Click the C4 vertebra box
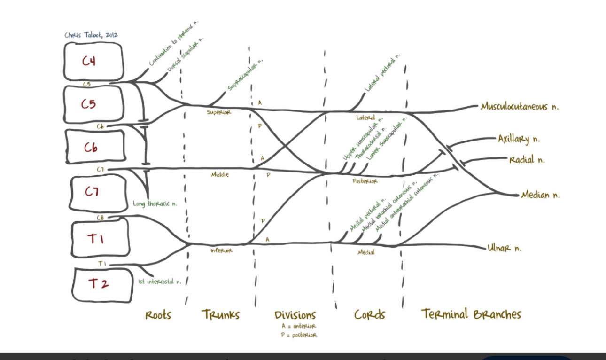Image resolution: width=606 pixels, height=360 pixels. [x=93, y=62]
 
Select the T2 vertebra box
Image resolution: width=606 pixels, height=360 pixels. [x=102, y=284]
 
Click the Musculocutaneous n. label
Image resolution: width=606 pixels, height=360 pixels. [x=520, y=107]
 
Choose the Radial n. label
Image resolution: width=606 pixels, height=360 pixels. [x=527, y=160]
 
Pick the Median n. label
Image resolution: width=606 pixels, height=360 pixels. [x=540, y=195]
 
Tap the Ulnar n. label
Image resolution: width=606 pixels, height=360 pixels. [x=504, y=248]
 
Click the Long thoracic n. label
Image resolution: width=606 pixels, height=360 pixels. [x=155, y=204]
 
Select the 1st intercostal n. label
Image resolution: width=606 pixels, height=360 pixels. [x=159, y=282]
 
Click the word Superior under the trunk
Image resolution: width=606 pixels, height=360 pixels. [x=219, y=112]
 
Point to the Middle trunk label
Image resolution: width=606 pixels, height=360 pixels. [x=220, y=174]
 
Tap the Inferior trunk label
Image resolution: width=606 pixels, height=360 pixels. [x=221, y=250]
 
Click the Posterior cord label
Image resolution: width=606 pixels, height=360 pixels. [x=365, y=181]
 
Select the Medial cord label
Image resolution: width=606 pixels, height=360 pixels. [x=366, y=252]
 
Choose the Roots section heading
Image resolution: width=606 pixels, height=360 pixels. [x=158, y=315]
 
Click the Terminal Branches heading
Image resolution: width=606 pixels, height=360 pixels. [x=471, y=314]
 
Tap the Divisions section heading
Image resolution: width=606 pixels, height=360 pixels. [x=295, y=315]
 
